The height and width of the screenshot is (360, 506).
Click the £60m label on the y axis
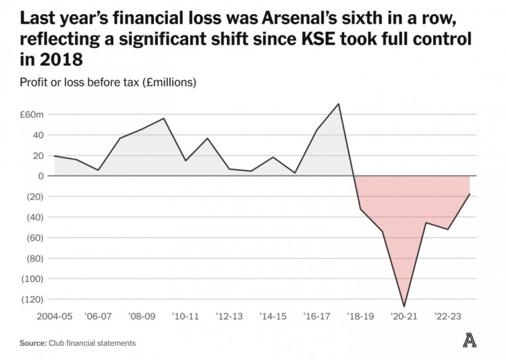[x=32, y=115]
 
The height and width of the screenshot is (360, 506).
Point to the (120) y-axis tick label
[x=32, y=299]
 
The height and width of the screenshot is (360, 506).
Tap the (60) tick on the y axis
[x=34, y=237]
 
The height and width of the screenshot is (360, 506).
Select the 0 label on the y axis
[x=40, y=176]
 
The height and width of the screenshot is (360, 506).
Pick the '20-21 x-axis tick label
[x=403, y=316]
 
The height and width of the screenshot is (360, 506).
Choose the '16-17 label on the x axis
[x=316, y=316]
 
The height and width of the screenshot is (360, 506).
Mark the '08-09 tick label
[x=142, y=316]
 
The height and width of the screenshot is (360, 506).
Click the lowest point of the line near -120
[x=404, y=307]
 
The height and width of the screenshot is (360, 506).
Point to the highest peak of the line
[x=339, y=104]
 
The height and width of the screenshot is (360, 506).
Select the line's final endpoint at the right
[x=470, y=193]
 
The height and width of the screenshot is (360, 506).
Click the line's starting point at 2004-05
[x=54, y=156]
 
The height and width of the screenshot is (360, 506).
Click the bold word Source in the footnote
[x=32, y=343]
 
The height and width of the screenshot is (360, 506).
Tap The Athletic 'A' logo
[x=470, y=341]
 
